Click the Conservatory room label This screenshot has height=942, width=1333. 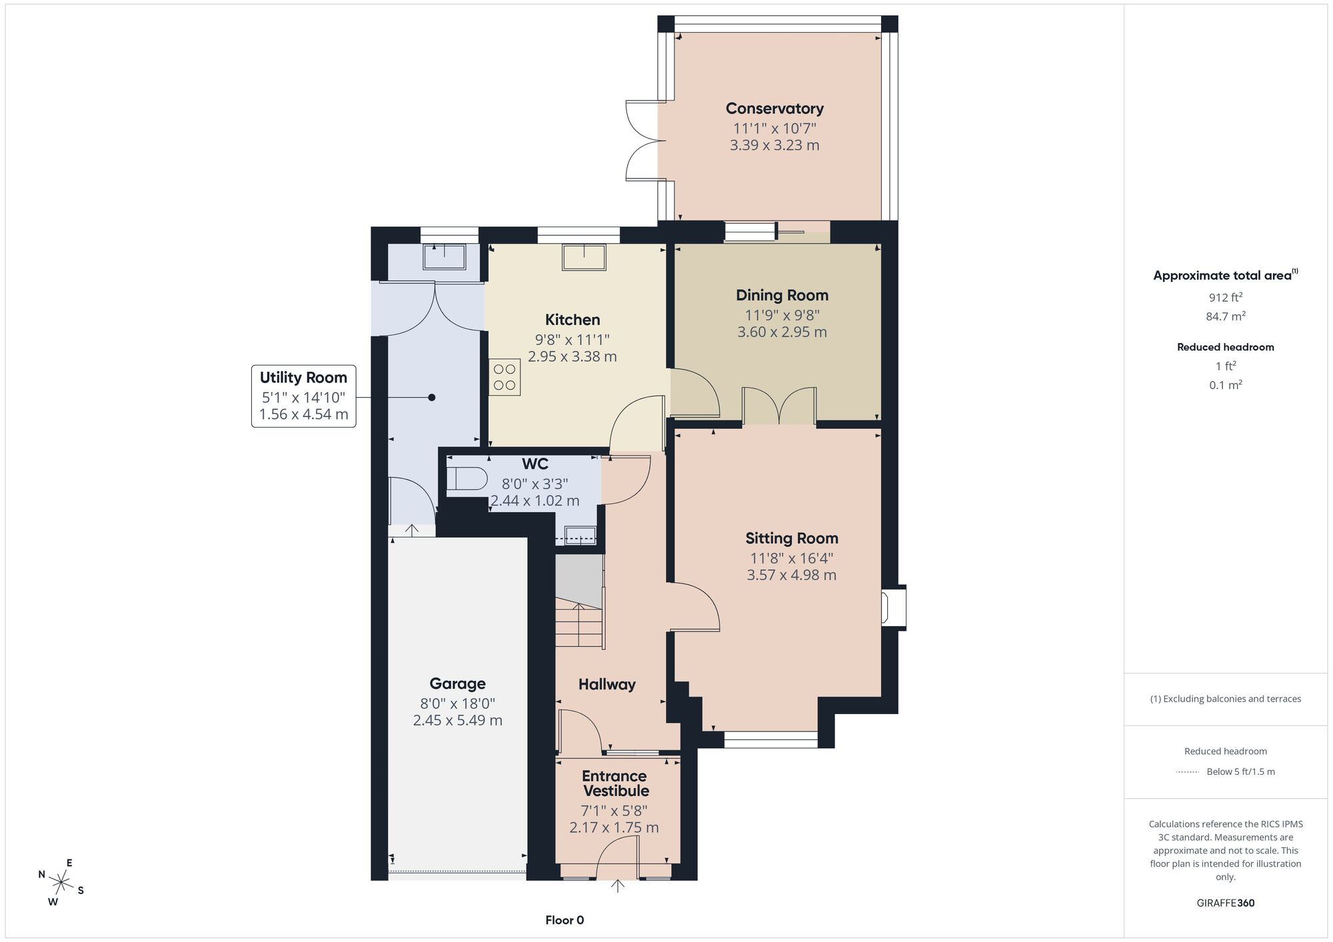tap(774, 109)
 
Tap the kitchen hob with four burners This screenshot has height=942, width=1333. tap(505, 376)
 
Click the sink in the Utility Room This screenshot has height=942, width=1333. tap(444, 256)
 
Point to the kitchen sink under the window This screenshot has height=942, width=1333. tap(584, 257)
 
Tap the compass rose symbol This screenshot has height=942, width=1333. tap(61, 883)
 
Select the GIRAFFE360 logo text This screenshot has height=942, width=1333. tap(1226, 903)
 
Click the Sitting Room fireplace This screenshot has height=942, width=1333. tap(894, 607)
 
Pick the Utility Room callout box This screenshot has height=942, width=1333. tap(303, 396)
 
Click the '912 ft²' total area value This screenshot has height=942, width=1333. tap(1226, 297)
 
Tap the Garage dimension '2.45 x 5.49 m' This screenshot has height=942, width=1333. tap(457, 720)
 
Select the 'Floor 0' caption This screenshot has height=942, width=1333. tap(565, 920)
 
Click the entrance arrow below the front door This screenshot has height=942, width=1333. tap(618, 886)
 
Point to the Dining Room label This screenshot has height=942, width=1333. tap(782, 295)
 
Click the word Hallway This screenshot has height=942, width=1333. tap(607, 684)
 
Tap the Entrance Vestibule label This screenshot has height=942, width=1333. tap(615, 783)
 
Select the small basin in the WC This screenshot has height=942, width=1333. tap(580, 534)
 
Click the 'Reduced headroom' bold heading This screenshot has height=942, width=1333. tap(1226, 347)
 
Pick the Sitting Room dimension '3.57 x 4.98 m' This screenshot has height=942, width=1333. tap(791, 575)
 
